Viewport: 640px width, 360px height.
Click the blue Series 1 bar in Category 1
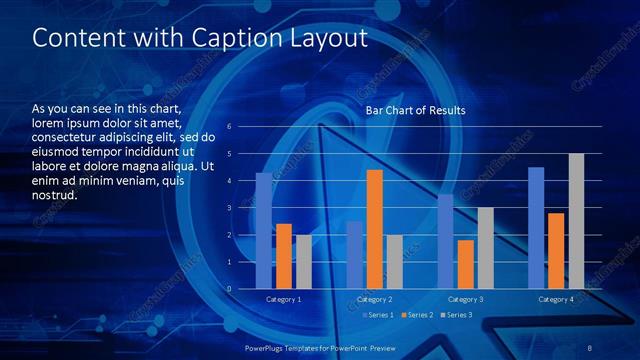click(264, 231)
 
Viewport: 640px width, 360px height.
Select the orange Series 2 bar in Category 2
click(375, 229)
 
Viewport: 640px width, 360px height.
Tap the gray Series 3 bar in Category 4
click(576, 221)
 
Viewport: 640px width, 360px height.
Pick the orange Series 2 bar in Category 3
click(466, 264)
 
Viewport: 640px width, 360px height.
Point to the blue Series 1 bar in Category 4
click(537, 228)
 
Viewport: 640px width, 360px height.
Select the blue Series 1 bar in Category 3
click(445, 241)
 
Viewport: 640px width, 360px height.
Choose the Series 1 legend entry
click(376, 315)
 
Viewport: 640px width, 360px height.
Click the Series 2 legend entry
click(416, 315)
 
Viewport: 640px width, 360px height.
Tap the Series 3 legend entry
click(456, 315)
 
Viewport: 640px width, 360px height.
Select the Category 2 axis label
click(374, 300)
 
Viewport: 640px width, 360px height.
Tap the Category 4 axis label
click(556, 300)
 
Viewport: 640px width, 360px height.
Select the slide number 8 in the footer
click(590, 347)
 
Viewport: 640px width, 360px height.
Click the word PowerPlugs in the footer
click(268, 347)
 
